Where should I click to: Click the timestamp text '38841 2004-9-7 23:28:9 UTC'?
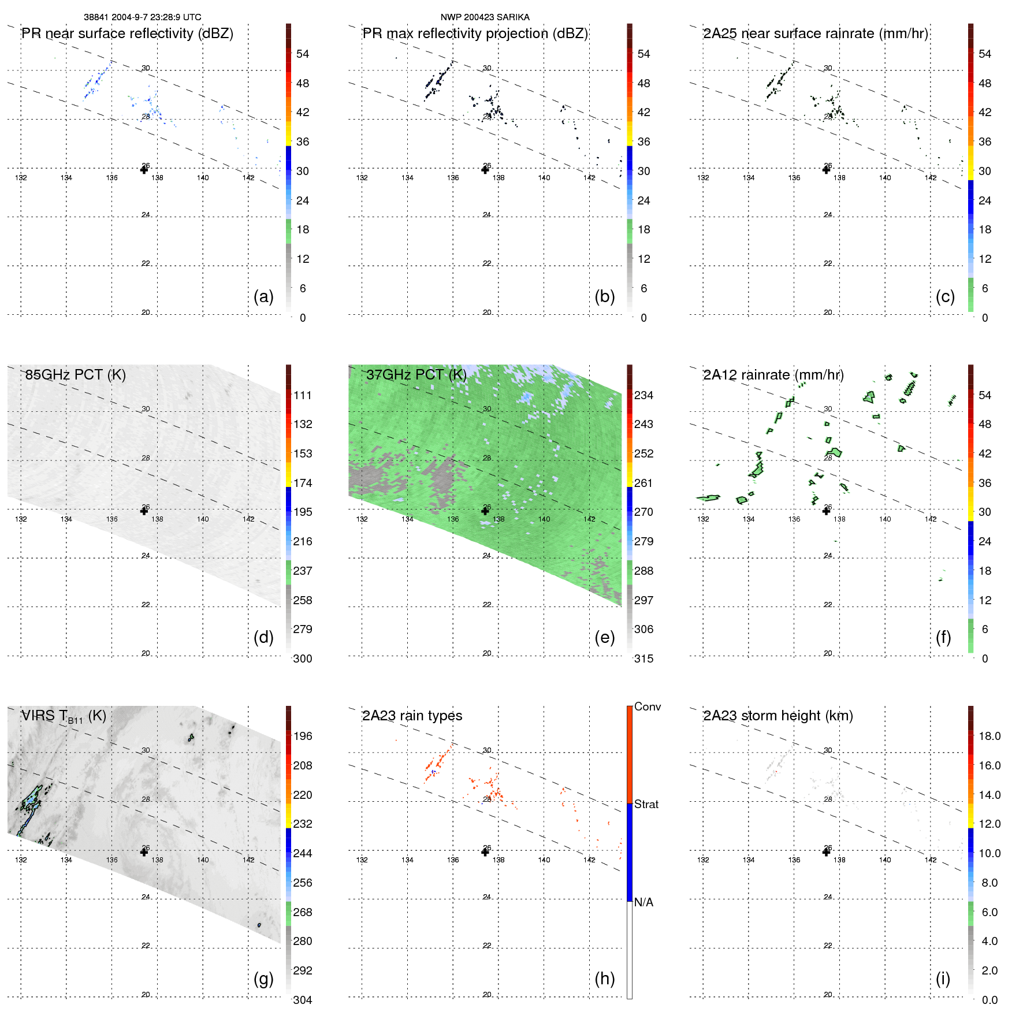click(142, 17)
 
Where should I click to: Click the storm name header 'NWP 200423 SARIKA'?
click(485, 17)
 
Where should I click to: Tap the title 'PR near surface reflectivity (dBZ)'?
click(127, 34)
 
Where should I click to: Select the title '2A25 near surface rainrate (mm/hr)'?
click(816, 34)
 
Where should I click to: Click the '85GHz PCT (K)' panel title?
click(75, 375)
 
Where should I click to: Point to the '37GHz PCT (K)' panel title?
click(416, 375)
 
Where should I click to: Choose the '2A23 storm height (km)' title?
click(778, 716)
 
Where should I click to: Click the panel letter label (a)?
click(263, 296)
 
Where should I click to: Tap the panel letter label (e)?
click(604, 637)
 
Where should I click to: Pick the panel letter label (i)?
click(943, 979)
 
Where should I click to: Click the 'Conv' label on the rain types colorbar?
click(648, 706)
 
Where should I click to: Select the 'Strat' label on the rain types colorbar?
click(646, 804)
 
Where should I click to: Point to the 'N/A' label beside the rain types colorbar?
click(643, 902)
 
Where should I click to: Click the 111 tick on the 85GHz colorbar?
click(303, 395)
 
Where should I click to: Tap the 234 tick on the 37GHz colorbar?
click(643, 395)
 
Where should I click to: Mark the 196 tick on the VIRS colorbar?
click(303, 736)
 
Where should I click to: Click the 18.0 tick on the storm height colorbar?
click(989, 736)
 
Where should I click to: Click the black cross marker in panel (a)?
click(144, 169)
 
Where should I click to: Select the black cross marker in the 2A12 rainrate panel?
click(827, 511)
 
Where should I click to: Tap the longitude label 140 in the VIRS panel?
click(203, 860)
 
